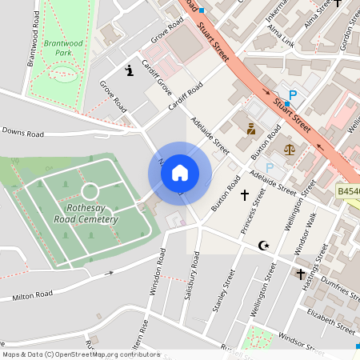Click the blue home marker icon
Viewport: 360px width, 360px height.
pyautogui.click(x=180, y=173)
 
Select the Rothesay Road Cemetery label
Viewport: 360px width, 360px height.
pyautogui.click(x=92, y=213)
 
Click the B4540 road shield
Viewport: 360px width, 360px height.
pyautogui.click(x=348, y=192)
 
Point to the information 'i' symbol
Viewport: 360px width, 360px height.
pyautogui.click(x=130, y=71)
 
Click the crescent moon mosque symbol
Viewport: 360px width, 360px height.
pyautogui.click(x=262, y=245)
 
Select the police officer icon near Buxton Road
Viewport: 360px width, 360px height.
pyautogui.click(x=250, y=128)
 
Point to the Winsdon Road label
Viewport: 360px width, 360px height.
pyautogui.click(x=158, y=272)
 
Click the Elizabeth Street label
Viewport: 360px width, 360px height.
pyautogui.click(x=330, y=321)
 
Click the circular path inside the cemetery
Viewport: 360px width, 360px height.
pyautogui.click(x=90, y=191)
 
